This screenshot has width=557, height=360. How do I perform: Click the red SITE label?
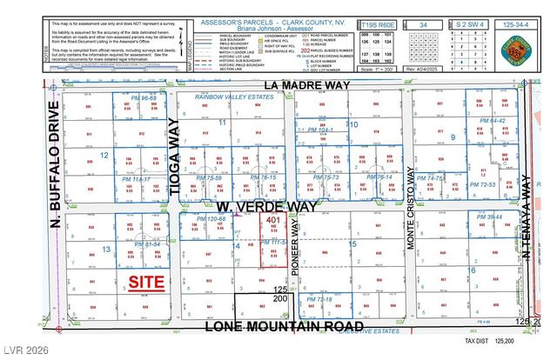146,282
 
